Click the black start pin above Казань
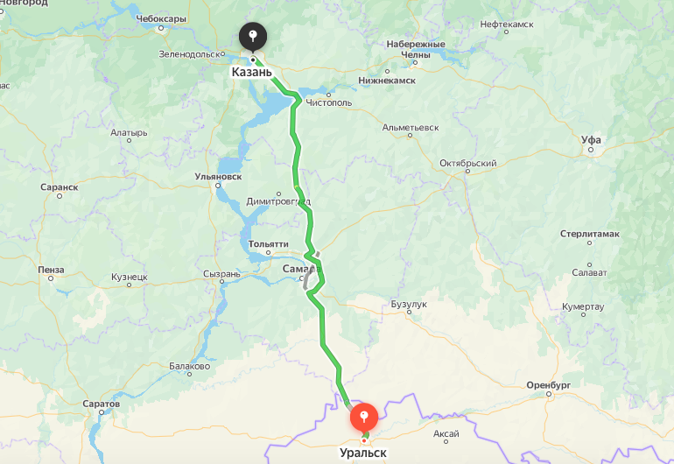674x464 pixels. (x=253, y=38)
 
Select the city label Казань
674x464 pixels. (x=252, y=72)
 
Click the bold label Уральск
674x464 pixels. (x=362, y=453)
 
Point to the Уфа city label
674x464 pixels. (x=591, y=139)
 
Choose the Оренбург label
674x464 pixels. (x=549, y=384)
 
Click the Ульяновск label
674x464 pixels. (x=218, y=176)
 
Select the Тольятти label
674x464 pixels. (x=269, y=243)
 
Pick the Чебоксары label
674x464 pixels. (x=161, y=18)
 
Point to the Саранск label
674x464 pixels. (x=60, y=186)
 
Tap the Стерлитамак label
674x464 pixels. (x=589, y=234)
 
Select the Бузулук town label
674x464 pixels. (x=409, y=304)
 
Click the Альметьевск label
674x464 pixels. (x=411, y=127)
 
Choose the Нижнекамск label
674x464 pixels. (x=387, y=80)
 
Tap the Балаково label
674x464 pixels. (x=189, y=366)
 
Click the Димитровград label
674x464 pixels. (x=278, y=201)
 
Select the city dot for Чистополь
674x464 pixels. (x=328, y=95)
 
